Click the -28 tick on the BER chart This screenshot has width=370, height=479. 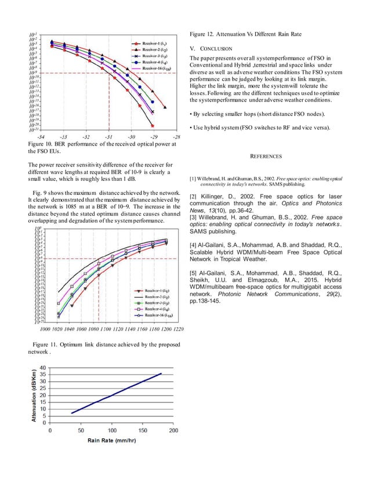176,137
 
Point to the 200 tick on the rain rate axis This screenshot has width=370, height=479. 173,431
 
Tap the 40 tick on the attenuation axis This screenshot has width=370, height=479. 43,368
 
